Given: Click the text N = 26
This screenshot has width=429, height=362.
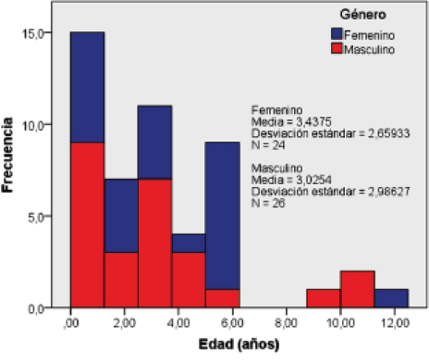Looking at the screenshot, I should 269,203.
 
